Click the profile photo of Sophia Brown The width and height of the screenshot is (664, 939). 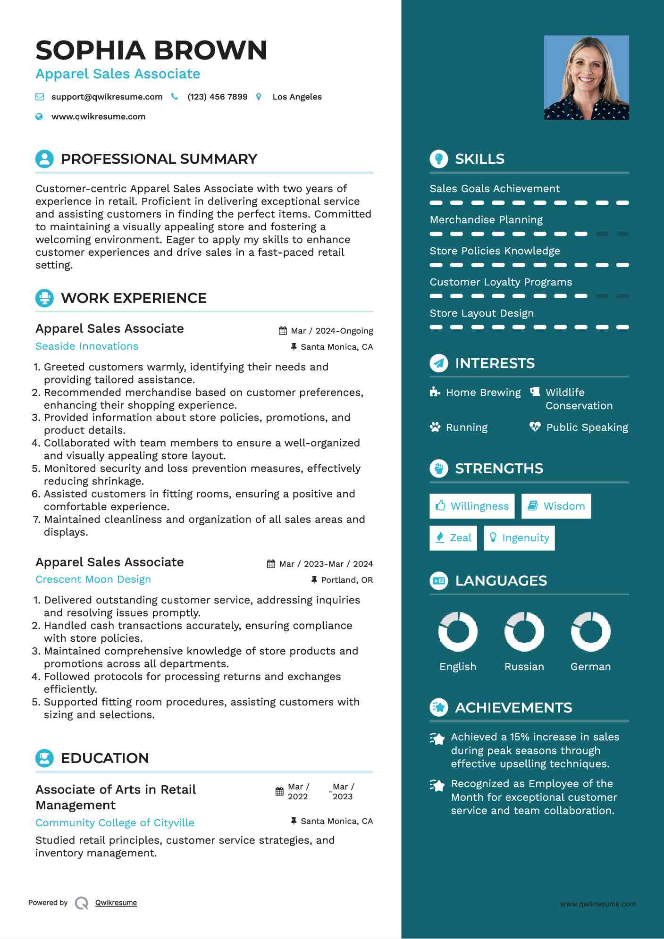tap(586, 77)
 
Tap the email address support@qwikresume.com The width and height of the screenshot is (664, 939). tap(107, 97)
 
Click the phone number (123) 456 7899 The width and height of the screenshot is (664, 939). tap(217, 97)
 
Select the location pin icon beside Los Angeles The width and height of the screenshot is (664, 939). tap(259, 97)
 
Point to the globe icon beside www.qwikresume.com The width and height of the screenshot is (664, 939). tap(39, 117)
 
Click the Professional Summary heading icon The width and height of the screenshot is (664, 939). tap(44, 159)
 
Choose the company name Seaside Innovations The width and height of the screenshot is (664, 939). tap(87, 346)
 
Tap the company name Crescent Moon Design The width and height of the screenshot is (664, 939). tap(93, 579)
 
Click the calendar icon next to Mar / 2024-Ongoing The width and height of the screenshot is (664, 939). tap(283, 331)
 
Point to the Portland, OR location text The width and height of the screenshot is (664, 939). tap(346, 580)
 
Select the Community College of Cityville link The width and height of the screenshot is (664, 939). tap(115, 823)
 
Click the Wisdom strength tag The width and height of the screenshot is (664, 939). tap(556, 506)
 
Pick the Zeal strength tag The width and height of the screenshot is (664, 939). tap(453, 538)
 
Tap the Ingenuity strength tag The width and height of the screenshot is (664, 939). tap(519, 538)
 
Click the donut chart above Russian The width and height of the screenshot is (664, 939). tap(524, 631)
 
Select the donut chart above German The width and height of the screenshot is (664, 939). tap(590, 631)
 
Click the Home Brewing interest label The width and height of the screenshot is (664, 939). tap(483, 393)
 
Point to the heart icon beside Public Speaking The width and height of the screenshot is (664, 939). tap(535, 427)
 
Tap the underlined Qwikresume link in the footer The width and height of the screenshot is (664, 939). tap(116, 903)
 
